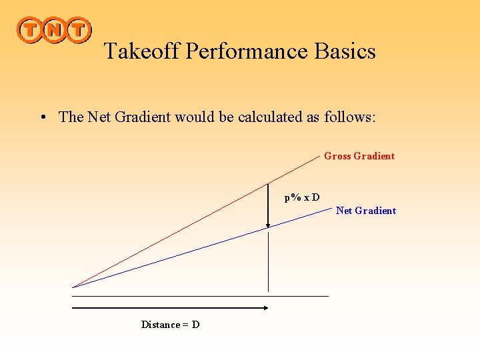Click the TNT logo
(54, 30)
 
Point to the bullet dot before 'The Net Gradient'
(42, 118)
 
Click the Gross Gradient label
(359, 156)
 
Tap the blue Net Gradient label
(366, 211)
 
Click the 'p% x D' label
(302, 197)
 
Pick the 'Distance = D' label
(170, 325)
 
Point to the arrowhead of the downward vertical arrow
(268, 225)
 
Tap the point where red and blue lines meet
(73, 287)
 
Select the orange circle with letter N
(54, 30)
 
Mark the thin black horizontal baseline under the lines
(200, 295)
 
